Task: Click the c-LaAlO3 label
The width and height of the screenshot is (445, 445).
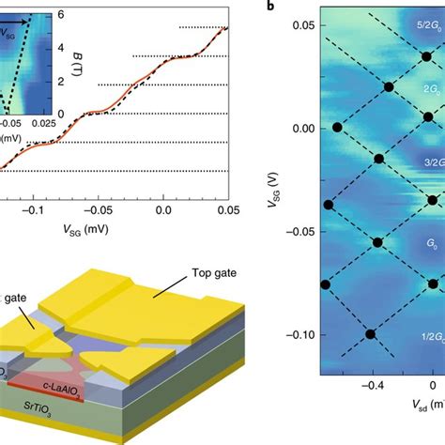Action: [70, 387]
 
